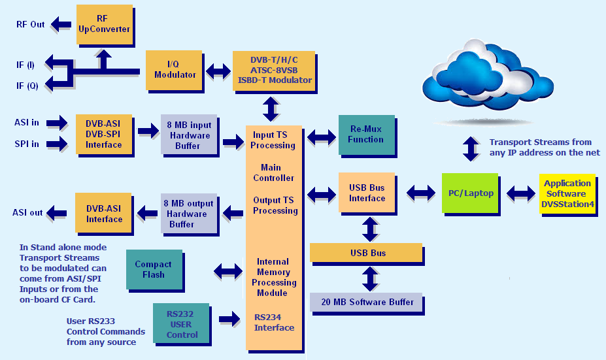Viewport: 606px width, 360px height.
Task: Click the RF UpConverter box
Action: pyautogui.click(x=104, y=24)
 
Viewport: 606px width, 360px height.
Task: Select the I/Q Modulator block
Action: pyautogui.click(x=175, y=69)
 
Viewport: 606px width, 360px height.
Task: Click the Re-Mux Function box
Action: pyautogui.click(x=366, y=135)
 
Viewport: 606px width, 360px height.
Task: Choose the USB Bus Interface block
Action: pyautogui.click(x=367, y=193)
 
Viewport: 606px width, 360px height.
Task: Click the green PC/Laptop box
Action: pyautogui.click(x=469, y=193)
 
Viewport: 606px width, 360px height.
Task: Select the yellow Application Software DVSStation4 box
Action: pyautogui.click(x=567, y=193)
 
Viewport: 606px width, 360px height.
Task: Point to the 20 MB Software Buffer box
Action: pyautogui.click(x=367, y=303)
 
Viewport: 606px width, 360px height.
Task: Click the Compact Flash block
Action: pyautogui.click(x=153, y=270)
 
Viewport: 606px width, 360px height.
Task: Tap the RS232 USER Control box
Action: pyautogui.click(x=182, y=325)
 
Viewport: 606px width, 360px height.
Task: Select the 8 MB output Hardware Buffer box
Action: pyautogui.click(x=189, y=214)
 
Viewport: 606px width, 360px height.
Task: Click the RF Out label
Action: pyautogui.click(x=30, y=25)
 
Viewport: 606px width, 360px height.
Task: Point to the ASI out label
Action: pyautogui.click(x=27, y=213)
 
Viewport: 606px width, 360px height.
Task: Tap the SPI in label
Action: pyautogui.click(x=26, y=144)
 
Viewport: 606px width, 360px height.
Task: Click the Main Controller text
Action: pyautogui.click(x=273, y=173)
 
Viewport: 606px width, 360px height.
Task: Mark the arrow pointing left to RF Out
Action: pyautogui.click(x=62, y=25)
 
